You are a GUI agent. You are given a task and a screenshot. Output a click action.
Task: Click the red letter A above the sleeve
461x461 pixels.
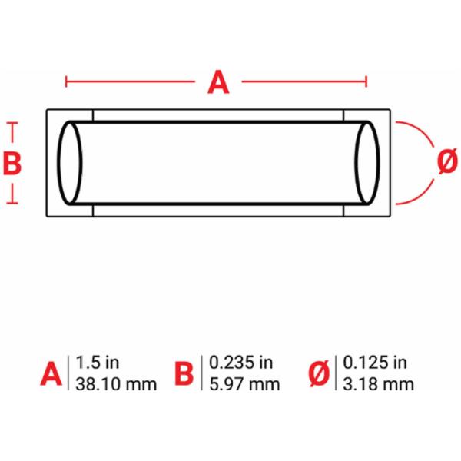click(218, 82)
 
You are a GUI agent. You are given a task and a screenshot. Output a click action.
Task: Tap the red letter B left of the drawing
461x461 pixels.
click(12, 163)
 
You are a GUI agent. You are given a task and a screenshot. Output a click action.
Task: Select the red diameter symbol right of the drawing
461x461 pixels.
click(447, 161)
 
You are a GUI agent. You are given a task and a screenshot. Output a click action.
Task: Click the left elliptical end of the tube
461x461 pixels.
click(59, 163)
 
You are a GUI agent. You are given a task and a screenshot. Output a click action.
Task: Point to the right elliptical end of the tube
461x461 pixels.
click(378, 163)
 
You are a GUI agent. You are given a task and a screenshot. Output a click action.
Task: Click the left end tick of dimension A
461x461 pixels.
click(66, 81)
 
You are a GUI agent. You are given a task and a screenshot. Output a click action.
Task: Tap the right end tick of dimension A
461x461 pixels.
click(366, 81)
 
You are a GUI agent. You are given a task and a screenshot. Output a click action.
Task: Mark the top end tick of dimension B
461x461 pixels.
click(12, 123)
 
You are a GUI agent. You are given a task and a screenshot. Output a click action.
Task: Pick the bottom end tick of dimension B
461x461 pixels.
click(12, 203)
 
